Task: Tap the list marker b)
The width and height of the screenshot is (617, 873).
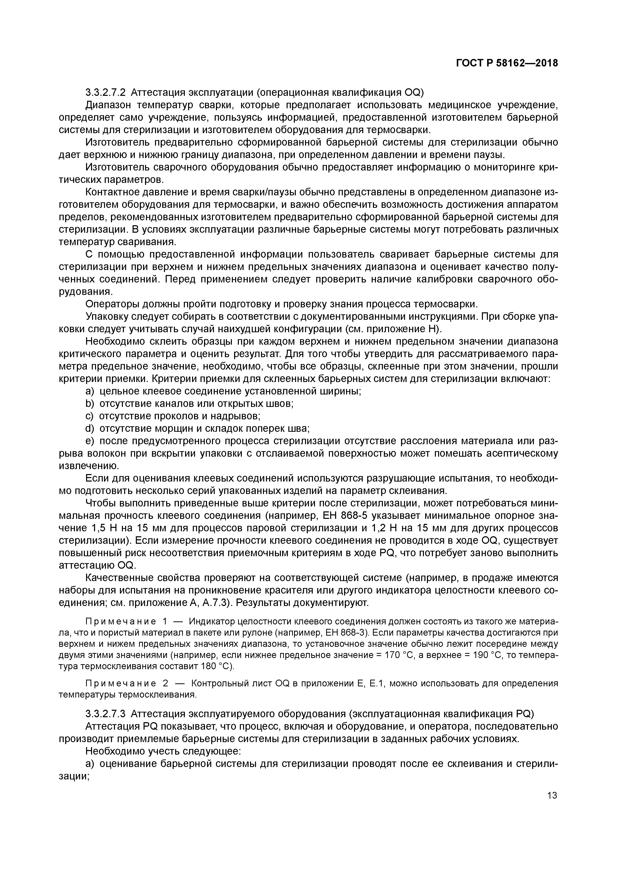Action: pyautogui.click(x=90, y=403)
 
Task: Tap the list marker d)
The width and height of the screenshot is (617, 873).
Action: pyautogui.click(x=90, y=429)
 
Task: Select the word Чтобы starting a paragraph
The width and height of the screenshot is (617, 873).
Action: pyautogui.click(x=101, y=503)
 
